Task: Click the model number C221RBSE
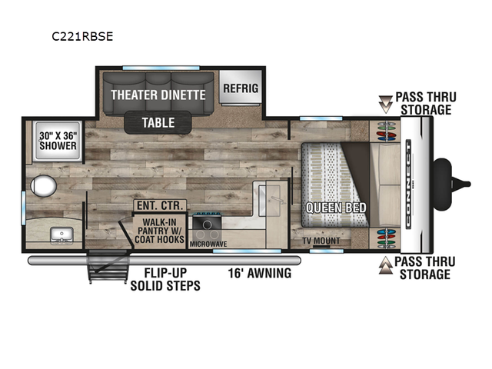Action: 82,37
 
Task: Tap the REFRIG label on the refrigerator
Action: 241,88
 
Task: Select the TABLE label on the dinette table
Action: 158,123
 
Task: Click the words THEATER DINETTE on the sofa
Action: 158,95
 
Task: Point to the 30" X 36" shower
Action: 58,141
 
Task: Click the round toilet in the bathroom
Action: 43,186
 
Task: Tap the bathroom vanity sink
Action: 61,236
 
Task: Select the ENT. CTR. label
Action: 160,205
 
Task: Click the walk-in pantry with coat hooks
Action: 159,231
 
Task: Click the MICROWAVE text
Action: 208,244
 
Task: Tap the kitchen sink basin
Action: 269,201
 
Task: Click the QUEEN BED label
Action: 336,208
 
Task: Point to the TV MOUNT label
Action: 321,241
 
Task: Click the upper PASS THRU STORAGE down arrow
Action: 386,105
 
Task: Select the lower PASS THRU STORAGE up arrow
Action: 386,265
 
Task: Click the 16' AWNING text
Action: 260,274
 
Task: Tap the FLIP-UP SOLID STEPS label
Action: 165,279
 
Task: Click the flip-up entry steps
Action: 108,266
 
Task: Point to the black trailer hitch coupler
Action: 452,184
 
